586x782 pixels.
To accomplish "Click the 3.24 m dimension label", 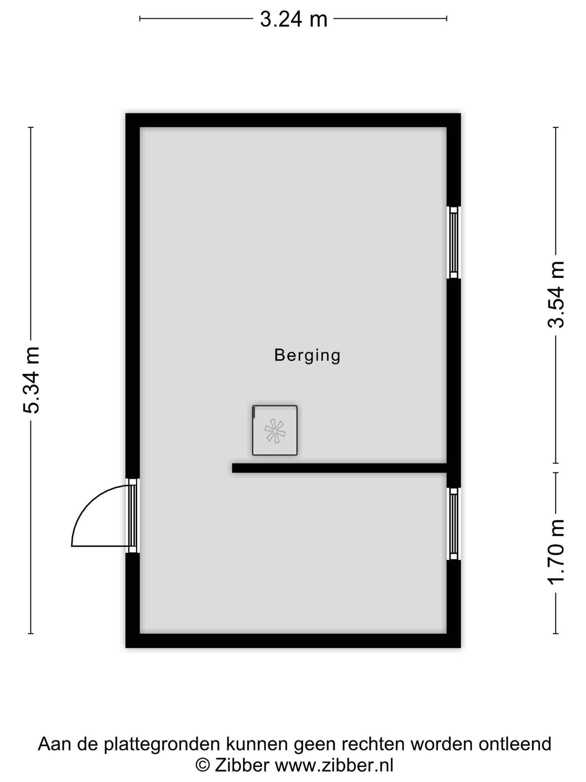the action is pyautogui.click(x=293, y=19).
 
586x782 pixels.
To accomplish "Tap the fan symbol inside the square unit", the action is pyautogui.click(x=275, y=431).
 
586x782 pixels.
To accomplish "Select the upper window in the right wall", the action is pyautogui.click(x=454, y=242).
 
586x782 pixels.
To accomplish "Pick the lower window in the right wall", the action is pyautogui.click(x=454, y=523).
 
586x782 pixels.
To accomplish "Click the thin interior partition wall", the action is pyautogui.click(x=340, y=468).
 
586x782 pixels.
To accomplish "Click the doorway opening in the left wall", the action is pyautogui.click(x=132, y=516).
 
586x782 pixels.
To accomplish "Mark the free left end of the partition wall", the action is pyautogui.click(x=232, y=468).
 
